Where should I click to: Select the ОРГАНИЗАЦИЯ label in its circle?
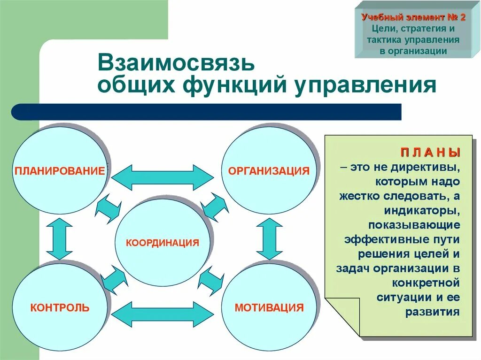(x=269, y=170)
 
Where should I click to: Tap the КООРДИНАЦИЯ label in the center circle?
(x=163, y=243)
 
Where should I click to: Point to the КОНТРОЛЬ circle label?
(x=60, y=308)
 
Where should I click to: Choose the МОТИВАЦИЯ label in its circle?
(x=269, y=308)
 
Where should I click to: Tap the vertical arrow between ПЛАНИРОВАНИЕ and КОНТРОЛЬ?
(x=60, y=239)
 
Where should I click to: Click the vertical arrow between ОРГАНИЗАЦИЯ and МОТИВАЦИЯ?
(x=269, y=239)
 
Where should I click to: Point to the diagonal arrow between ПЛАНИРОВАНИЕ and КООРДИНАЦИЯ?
(x=108, y=208)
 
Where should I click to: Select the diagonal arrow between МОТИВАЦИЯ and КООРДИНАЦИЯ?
(x=211, y=280)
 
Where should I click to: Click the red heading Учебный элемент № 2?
(x=413, y=18)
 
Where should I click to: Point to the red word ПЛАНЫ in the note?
(x=430, y=153)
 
